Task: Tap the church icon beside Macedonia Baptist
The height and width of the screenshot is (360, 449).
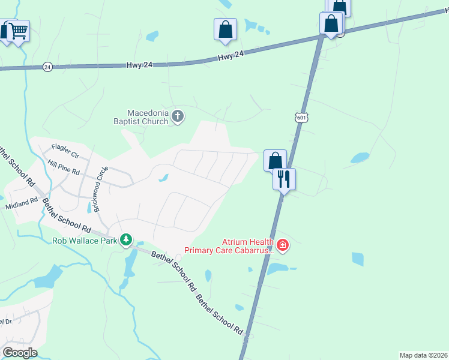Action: (177, 116)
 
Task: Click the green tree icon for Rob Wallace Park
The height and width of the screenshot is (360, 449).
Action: (125, 241)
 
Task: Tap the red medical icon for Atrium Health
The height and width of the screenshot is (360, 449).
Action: (283, 245)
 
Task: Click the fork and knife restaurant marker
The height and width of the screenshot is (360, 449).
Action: (285, 178)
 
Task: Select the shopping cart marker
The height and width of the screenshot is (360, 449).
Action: (19, 30)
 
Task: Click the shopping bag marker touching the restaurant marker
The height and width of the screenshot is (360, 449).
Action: (275, 160)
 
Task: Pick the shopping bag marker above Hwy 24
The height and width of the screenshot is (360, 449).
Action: (225, 29)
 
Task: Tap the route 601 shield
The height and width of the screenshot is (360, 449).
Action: (301, 118)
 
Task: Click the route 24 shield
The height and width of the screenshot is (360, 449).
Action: (48, 67)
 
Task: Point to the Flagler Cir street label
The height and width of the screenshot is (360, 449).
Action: (65, 147)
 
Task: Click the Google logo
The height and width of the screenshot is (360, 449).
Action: (20, 353)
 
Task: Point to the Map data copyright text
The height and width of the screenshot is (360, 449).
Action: (423, 355)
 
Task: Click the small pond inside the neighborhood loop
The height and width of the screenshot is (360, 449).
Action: (163, 178)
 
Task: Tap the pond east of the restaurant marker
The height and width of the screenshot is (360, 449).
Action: (360, 158)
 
